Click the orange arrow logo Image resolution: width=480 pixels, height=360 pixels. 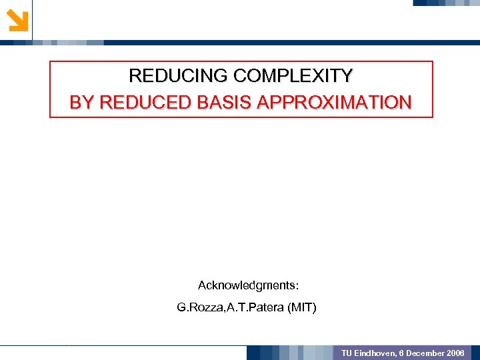click(17, 20)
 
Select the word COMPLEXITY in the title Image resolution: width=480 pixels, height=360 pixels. click(290, 76)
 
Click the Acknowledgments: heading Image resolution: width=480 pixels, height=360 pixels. click(248, 285)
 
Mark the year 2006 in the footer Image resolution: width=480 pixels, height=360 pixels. click(457, 353)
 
